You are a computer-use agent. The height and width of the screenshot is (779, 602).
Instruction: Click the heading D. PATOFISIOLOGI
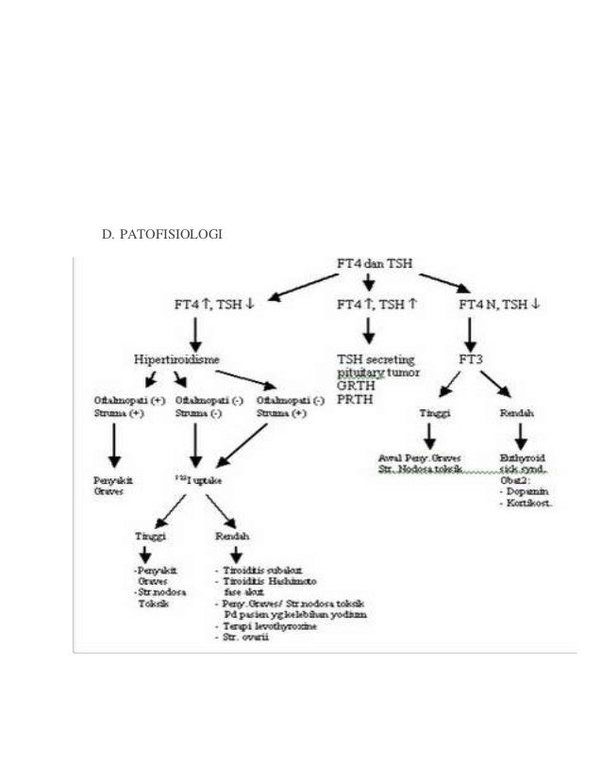[161, 233]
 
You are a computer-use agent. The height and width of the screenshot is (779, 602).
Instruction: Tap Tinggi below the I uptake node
[150, 535]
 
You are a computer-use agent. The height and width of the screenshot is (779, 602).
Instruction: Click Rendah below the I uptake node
[232, 535]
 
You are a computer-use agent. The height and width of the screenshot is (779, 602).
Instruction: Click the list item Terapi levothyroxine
[261, 626]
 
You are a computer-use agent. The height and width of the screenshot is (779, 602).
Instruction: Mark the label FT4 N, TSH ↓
[499, 305]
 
